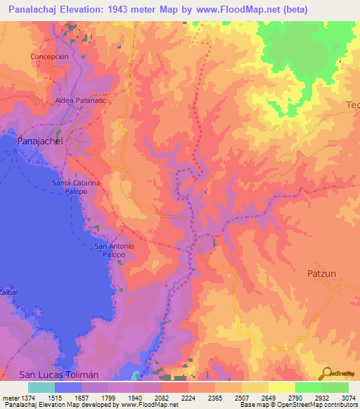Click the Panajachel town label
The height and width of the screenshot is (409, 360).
(x=39, y=141)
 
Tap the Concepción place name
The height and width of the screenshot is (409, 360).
(x=49, y=57)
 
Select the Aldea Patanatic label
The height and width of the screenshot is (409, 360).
(x=81, y=100)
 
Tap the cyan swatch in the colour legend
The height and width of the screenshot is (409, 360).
(x=41, y=387)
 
